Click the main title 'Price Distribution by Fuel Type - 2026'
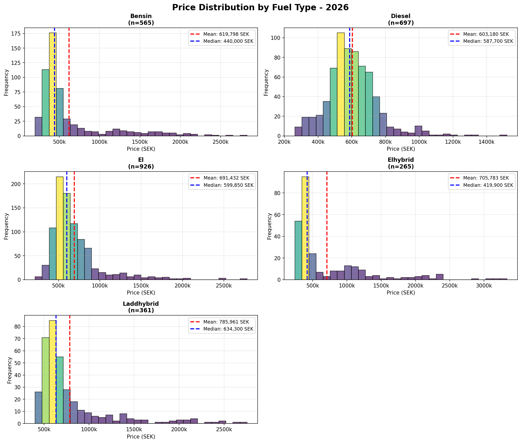(260, 8)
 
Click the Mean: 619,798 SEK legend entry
(226, 34)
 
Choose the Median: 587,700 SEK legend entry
(488, 41)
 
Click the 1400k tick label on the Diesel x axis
(486, 142)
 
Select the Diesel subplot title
(401, 20)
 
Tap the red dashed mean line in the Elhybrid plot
(327, 226)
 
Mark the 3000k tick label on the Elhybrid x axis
(484, 286)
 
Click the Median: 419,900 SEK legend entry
(488, 185)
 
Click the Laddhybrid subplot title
(141, 307)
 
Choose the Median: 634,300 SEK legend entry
(228, 329)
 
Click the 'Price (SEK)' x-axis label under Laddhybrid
(141, 436)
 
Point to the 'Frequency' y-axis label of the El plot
(6, 226)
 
